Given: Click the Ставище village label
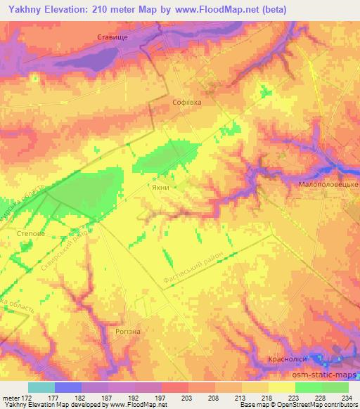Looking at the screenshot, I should tap(112, 37).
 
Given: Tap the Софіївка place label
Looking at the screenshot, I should tap(188, 102).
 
